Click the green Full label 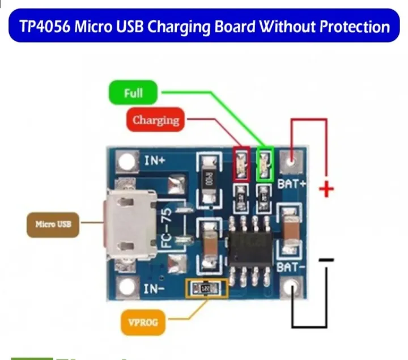point(133,93)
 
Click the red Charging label point(155,120)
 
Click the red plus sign point(326,189)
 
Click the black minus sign point(326,260)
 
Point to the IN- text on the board point(155,289)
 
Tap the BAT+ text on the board point(292,184)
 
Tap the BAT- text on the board point(292,266)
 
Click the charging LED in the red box point(241,164)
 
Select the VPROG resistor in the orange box point(206,289)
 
